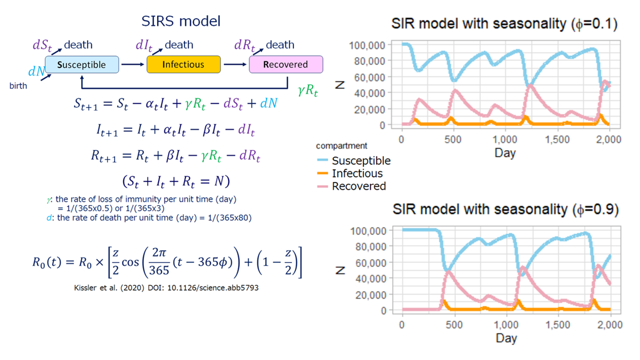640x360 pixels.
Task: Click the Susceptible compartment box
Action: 81,64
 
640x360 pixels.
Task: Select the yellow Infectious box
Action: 183,64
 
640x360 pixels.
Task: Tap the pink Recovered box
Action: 286,64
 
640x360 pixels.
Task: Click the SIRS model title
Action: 181,21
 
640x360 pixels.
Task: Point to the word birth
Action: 18,85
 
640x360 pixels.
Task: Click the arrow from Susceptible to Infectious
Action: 132,64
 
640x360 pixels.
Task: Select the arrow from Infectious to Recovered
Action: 235,64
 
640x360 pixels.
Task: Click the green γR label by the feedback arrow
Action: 307,90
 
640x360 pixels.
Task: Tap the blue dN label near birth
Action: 36,71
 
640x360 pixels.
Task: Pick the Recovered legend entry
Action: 351,186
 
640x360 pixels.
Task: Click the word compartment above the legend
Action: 341,145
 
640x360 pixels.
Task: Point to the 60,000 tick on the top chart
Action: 369,77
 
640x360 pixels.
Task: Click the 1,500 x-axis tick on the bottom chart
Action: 557,325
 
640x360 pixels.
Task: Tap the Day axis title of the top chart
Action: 505,153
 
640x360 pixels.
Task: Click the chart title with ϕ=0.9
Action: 505,209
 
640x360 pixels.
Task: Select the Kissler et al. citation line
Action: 166,287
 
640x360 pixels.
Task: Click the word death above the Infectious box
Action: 179,45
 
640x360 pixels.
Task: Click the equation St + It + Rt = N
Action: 176,181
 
